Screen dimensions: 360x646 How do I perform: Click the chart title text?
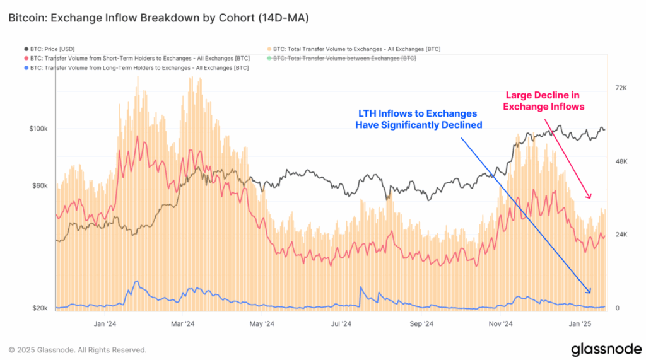pyautogui.click(x=158, y=18)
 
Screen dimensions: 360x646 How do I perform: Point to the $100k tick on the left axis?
pyautogui.click(x=39, y=129)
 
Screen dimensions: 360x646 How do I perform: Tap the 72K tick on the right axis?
pyautogui.click(x=621, y=88)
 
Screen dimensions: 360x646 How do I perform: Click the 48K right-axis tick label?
pyautogui.click(x=621, y=161)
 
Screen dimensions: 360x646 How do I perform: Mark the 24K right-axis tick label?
pyautogui.click(x=621, y=235)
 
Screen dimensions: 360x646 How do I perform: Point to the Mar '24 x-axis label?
pyautogui.click(x=182, y=324)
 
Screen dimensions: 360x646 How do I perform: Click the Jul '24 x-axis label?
pyautogui.click(x=341, y=324)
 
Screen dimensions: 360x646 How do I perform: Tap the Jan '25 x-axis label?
pyautogui.click(x=580, y=324)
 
